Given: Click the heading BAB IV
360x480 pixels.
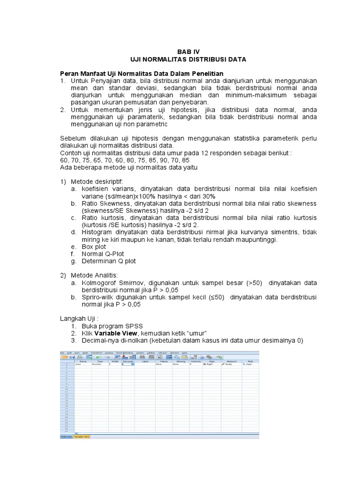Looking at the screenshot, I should pos(187,52).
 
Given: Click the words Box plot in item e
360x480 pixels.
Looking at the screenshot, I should pos(94,247).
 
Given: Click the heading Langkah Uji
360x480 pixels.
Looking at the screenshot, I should pos(79,318).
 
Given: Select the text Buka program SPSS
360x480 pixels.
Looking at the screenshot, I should pos(112,326).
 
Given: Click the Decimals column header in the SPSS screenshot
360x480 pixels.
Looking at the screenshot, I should pos(128,361).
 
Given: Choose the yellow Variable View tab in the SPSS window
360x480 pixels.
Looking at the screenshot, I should pos(82,436).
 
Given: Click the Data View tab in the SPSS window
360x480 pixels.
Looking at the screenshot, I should pos(66,436).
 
